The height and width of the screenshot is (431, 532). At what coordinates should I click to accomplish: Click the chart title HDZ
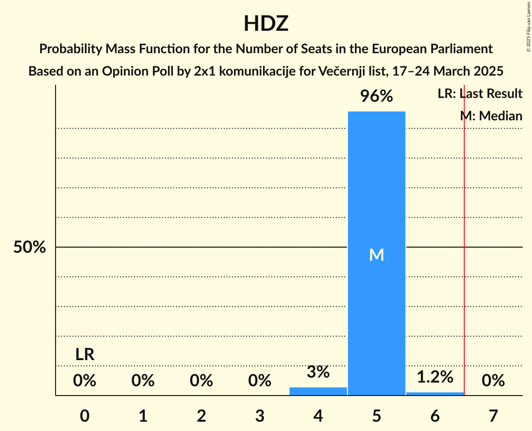(266, 24)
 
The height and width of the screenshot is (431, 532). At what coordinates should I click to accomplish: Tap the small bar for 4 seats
(318, 391)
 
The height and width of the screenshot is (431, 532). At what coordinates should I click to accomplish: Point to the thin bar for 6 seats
(435, 394)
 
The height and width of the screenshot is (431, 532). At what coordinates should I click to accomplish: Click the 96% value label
(376, 97)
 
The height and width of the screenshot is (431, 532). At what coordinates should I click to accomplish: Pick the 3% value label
(318, 372)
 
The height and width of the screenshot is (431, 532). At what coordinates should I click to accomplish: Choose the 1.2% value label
(435, 377)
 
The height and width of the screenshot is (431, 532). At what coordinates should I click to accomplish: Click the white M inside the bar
(376, 255)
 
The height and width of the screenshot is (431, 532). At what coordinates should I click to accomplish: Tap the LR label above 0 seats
(85, 355)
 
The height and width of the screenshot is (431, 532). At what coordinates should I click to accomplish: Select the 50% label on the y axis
(29, 247)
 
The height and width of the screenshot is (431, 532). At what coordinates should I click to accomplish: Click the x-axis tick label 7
(493, 416)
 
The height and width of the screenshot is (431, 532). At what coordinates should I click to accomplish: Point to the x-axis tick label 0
(85, 416)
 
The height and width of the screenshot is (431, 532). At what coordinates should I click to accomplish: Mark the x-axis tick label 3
(260, 416)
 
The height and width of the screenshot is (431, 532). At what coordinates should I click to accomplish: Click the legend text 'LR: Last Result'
(480, 94)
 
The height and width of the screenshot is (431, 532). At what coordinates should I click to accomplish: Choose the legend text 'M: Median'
(491, 116)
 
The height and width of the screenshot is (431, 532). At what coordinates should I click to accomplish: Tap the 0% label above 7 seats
(493, 381)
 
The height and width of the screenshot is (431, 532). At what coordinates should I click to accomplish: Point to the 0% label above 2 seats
(201, 381)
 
